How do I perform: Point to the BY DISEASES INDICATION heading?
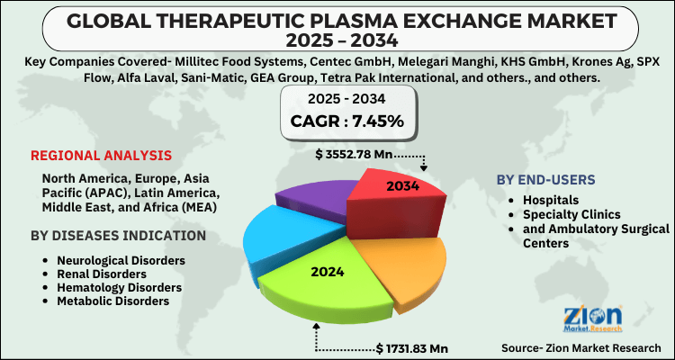[x=118, y=236]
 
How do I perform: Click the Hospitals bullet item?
[x=551, y=200]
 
